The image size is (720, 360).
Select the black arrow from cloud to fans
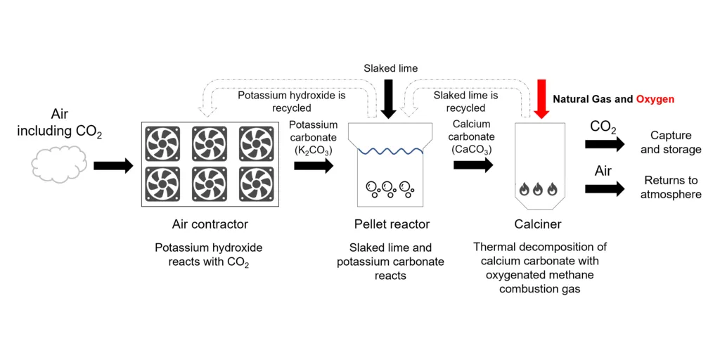coord(112,166)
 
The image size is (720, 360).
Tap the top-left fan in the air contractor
coord(162,143)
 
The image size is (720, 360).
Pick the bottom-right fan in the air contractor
coord(256,184)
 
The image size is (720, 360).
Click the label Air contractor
coord(210,224)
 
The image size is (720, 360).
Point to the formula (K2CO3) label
coord(314,150)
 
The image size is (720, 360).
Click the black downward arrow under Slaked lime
coord(387,99)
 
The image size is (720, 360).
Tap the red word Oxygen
coord(655,99)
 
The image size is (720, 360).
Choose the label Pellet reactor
coord(392,224)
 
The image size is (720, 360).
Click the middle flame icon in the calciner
coord(538,189)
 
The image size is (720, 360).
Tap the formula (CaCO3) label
coord(472,150)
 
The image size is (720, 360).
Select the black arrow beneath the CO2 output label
coord(604,143)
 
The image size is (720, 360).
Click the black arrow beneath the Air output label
coord(604,188)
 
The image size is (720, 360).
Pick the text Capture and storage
coord(670,142)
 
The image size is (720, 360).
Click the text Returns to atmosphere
coord(670,187)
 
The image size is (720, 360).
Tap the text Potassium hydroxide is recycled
coord(291,101)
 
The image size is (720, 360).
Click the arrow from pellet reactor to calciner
coord(473,165)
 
